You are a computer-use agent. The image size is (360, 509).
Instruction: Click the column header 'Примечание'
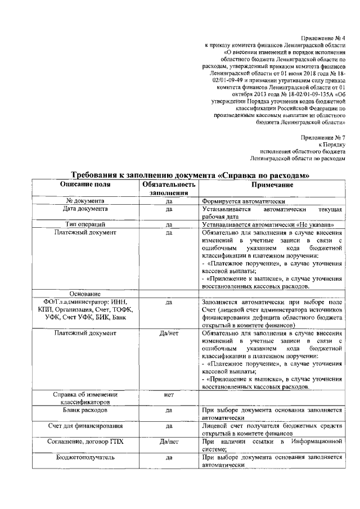[x=272, y=184]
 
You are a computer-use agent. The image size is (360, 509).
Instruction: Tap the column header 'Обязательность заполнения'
[x=169, y=189]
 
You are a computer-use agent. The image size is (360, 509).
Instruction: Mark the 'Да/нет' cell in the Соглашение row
[x=169, y=442]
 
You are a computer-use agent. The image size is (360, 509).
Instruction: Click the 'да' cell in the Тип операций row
[x=169, y=225]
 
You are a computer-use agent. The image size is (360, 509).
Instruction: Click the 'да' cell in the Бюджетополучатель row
[x=169, y=458]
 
